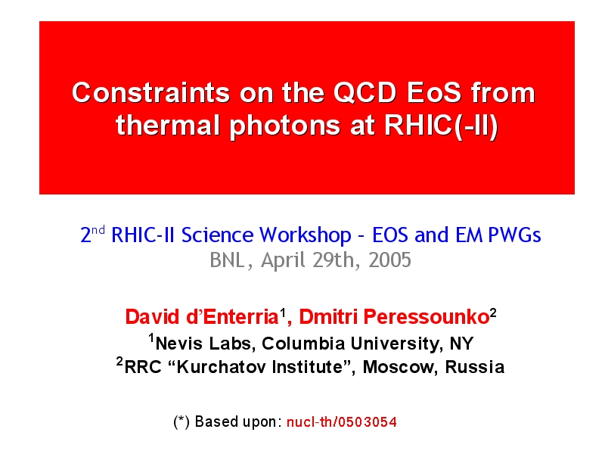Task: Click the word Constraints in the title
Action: [x=151, y=92]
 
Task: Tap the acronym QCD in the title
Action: [x=365, y=92]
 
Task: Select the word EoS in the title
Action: [x=434, y=92]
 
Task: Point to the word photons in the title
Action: [x=285, y=126]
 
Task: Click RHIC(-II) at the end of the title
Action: [x=441, y=126]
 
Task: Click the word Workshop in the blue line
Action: [x=305, y=235]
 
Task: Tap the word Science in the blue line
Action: [x=217, y=235]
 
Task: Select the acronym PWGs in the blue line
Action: [x=514, y=235]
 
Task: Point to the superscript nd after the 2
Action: [x=98, y=230]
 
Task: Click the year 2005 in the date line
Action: [x=389, y=260]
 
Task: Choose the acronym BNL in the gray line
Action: [x=228, y=260]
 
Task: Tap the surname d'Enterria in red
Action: [x=232, y=317]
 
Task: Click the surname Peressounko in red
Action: [x=427, y=317]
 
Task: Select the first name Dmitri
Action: [x=328, y=317]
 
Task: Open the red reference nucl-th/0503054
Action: [x=342, y=422]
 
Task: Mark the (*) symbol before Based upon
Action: [x=181, y=422]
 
